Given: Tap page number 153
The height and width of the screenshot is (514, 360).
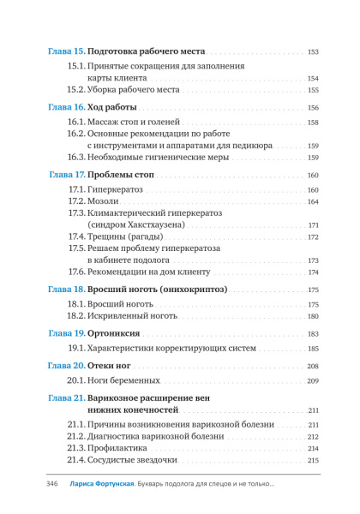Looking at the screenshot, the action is [313, 52].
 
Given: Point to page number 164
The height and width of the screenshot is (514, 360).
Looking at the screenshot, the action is [313, 201].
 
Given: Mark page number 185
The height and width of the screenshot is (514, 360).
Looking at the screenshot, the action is [313, 349].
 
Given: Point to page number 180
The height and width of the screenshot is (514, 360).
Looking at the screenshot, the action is [313, 316].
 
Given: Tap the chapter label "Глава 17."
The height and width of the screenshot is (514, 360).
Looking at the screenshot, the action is [67, 175].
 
